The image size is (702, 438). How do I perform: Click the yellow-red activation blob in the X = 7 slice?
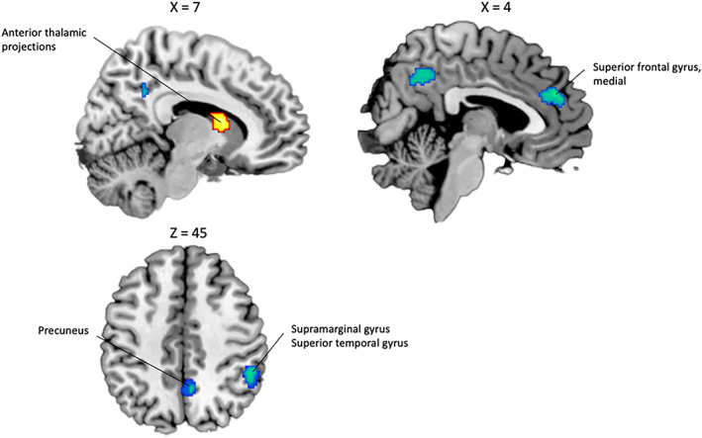(x=220, y=123)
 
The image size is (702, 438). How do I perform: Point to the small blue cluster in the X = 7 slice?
(x=145, y=91)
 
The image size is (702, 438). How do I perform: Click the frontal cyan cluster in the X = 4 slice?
(x=551, y=96)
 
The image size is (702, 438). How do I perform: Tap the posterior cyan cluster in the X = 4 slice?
(x=424, y=75)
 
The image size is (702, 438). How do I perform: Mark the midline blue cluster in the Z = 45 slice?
(x=188, y=387)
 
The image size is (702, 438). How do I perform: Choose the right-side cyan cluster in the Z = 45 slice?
(x=251, y=376)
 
